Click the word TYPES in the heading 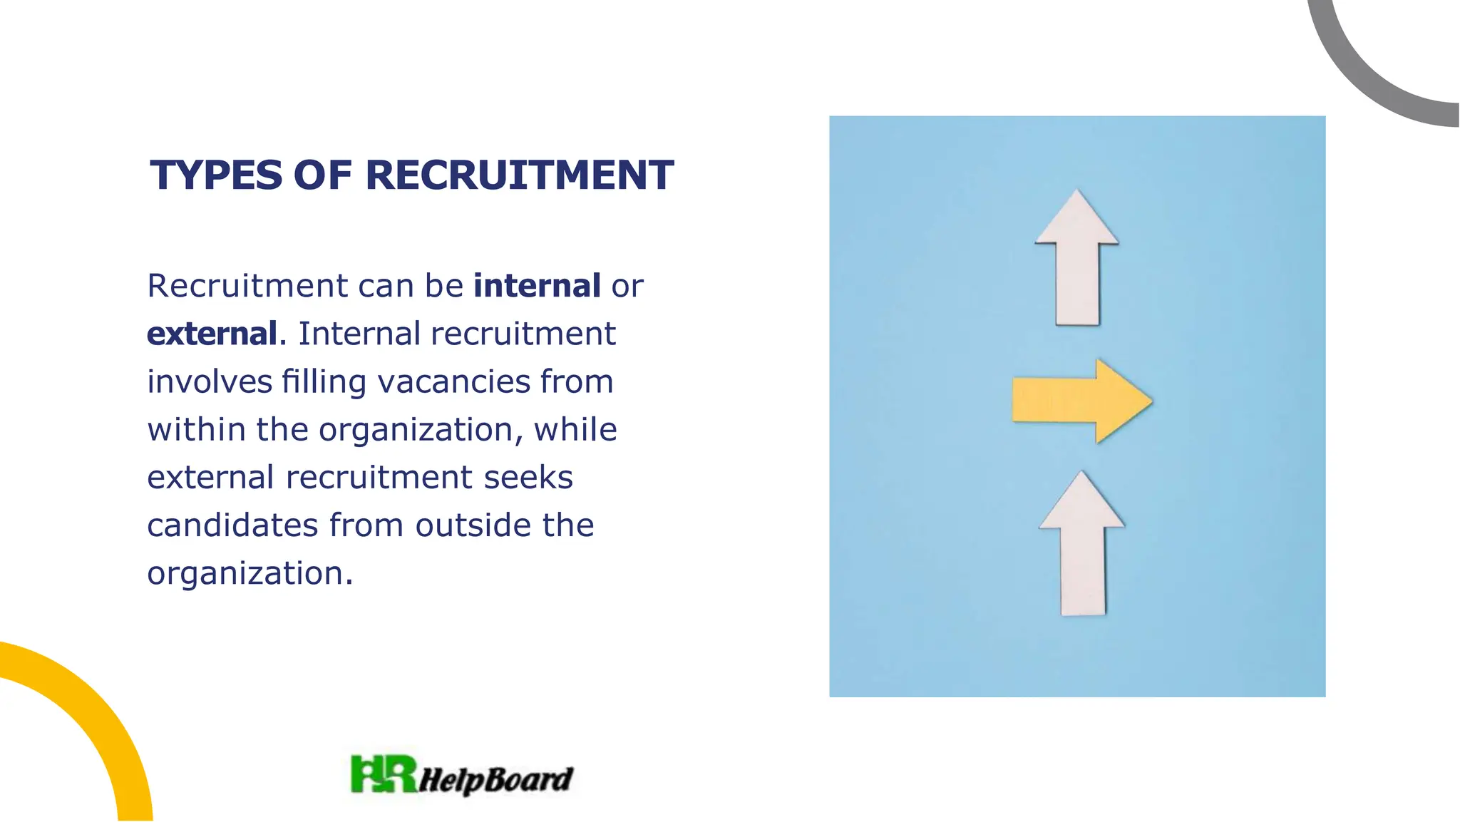pos(216,175)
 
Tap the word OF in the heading pos(323,175)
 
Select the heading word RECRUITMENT pos(519,175)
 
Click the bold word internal pos(537,286)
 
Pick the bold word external pos(212,334)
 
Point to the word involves pos(210,381)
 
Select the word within pos(196,429)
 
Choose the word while pos(575,429)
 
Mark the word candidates pos(232,525)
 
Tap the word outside pos(473,525)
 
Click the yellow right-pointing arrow pos(1081,401)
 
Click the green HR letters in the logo pos(384,774)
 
